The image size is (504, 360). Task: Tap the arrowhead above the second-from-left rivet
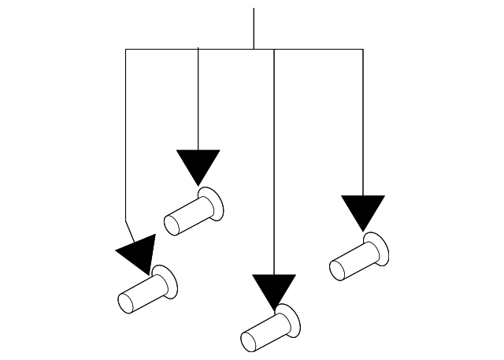[x=198, y=164]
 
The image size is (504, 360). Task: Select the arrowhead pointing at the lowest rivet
[x=273, y=289]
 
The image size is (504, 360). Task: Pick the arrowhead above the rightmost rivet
[x=363, y=210]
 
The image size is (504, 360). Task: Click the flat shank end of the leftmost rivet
[x=125, y=303]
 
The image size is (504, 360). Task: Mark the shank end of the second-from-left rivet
[x=172, y=224]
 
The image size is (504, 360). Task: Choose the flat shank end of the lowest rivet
[x=249, y=342]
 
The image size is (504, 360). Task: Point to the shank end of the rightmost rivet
[x=338, y=269]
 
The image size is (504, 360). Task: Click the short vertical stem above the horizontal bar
[x=254, y=28]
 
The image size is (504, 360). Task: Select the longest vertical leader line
[x=273, y=158]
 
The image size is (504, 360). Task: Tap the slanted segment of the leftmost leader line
[x=130, y=228]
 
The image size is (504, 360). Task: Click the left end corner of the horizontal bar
[x=126, y=50]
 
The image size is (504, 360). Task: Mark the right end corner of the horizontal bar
[x=363, y=50]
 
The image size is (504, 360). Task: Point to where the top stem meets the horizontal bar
[x=254, y=50]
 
